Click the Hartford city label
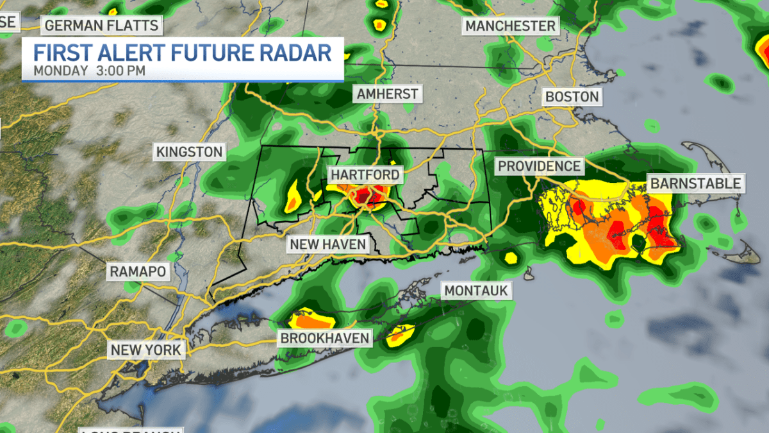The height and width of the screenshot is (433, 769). coord(365,174)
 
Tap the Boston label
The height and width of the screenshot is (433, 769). coord(572,97)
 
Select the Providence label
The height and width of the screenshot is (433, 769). coord(539,166)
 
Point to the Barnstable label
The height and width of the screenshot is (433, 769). coord(695,183)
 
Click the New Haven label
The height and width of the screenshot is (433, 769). coord(327,244)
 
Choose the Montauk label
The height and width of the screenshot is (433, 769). coord(476,291)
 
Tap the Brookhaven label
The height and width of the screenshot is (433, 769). coord(324,338)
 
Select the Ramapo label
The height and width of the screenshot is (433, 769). coord(138,271)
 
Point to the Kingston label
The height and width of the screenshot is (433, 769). coord(188,152)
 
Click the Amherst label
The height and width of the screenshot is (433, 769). coord(387,94)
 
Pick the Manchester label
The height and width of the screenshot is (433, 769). coord(510,26)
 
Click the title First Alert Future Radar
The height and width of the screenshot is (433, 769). coord(183,51)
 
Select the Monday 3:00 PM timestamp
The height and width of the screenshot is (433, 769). coord(89,71)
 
